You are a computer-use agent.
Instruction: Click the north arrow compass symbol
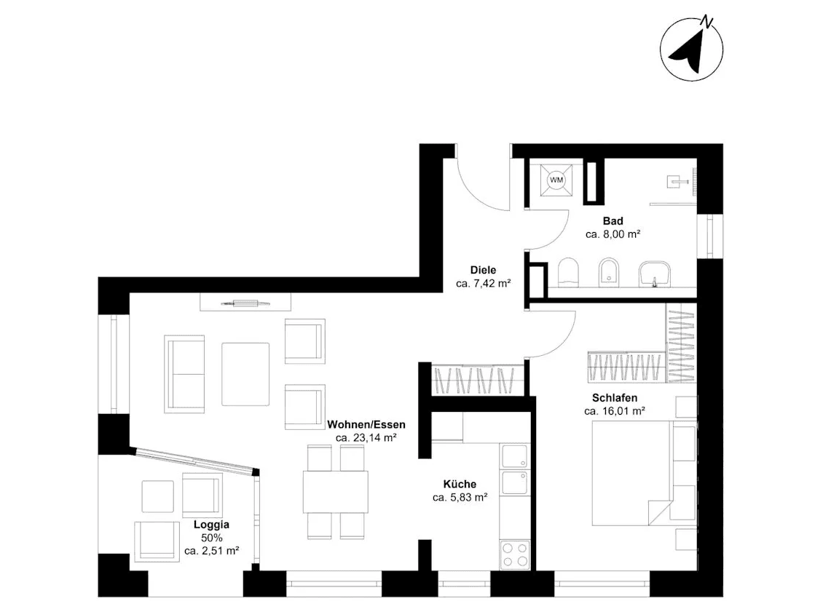[x=691, y=49]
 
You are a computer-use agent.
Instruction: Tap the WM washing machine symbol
[x=556, y=180]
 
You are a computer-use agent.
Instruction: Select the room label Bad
[x=613, y=221]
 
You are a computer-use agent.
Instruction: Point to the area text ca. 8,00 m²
[x=613, y=235]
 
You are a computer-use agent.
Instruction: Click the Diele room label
[x=483, y=270]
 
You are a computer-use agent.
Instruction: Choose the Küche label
[x=460, y=484]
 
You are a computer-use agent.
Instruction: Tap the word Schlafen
[x=615, y=398]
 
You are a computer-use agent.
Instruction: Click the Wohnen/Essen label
[x=366, y=424]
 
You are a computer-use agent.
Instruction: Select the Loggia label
[x=212, y=524]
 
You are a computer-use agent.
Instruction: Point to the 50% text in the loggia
[x=212, y=538]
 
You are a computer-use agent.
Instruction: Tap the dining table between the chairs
[x=336, y=492]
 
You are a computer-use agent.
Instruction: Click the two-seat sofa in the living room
[x=185, y=374]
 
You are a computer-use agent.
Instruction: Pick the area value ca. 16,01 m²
[x=615, y=412]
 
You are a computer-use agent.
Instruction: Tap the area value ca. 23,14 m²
[x=366, y=438]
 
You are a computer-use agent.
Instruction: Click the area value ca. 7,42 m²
[x=483, y=284]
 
